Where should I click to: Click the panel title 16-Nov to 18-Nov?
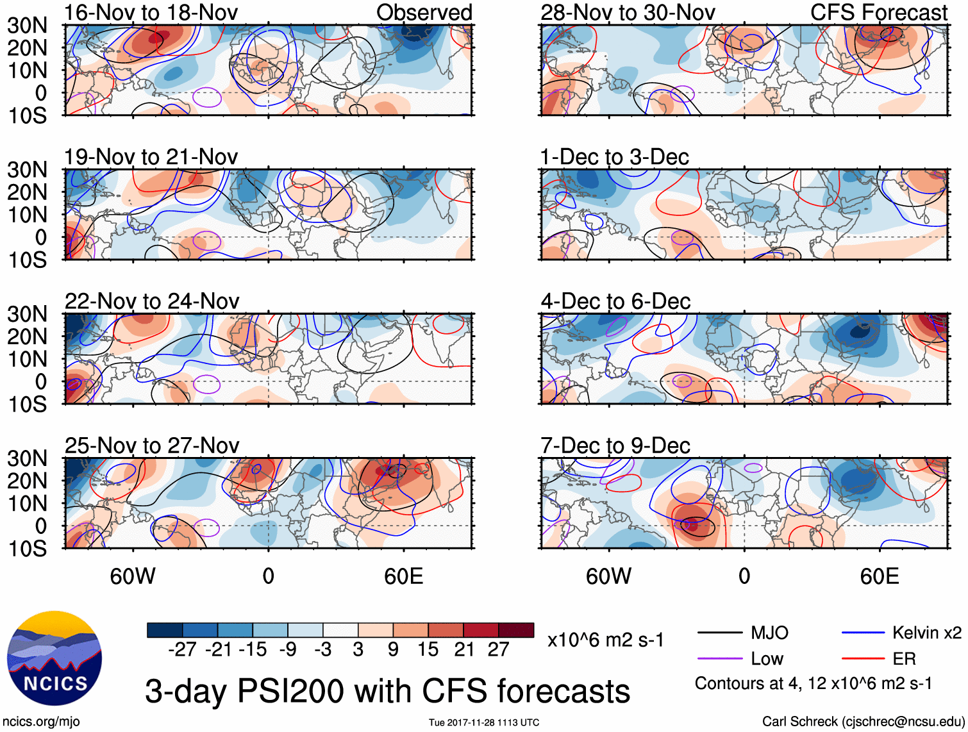point(151,13)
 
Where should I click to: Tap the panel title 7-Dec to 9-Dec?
point(615,445)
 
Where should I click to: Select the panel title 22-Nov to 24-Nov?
point(152,301)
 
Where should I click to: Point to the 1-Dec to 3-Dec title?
point(614,157)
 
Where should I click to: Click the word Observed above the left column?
point(424,13)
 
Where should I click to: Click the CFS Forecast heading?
point(878,13)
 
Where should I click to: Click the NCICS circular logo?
point(54,658)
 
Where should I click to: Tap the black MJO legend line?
point(719,633)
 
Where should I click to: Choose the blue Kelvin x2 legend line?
point(863,633)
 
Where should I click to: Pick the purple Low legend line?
point(719,658)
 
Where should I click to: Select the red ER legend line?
point(863,658)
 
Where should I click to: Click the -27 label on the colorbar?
point(182,649)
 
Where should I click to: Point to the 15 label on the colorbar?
point(428,649)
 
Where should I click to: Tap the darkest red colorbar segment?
point(516,630)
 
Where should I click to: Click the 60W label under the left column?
point(133,576)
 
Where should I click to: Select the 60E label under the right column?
point(879,576)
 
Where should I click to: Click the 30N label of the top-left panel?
point(28,26)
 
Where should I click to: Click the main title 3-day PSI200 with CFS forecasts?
point(387,691)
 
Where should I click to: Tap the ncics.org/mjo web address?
point(41,722)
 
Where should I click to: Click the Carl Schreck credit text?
point(863,722)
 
